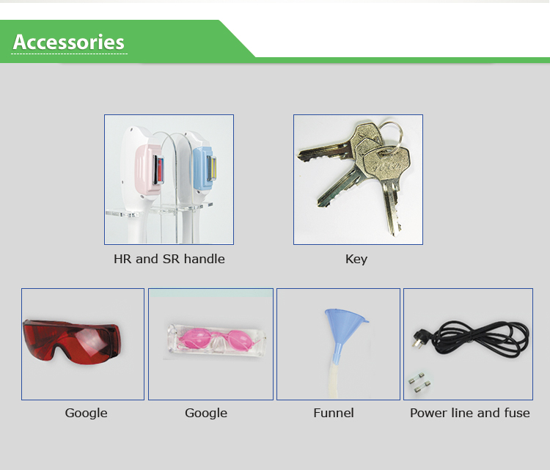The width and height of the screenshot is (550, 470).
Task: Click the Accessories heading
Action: pyautogui.click(x=69, y=42)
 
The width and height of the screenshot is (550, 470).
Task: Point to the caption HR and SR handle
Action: pyautogui.click(x=169, y=259)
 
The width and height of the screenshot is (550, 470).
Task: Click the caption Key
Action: pyautogui.click(x=356, y=260)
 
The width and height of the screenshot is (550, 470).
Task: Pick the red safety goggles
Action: pyautogui.click(x=72, y=341)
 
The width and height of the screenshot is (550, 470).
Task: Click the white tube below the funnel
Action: pyautogui.click(x=334, y=381)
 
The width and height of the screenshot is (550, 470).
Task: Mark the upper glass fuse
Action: pyautogui.click(x=417, y=379)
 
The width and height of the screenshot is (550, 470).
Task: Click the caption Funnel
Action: pyautogui.click(x=334, y=413)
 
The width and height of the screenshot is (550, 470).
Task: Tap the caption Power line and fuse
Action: pyautogui.click(x=470, y=413)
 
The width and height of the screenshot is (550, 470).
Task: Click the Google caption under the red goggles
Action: pyautogui.click(x=87, y=414)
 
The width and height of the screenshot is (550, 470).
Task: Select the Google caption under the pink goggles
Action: pyautogui.click(x=206, y=414)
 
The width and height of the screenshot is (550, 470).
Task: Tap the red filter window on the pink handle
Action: pyautogui.click(x=160, y=169)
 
